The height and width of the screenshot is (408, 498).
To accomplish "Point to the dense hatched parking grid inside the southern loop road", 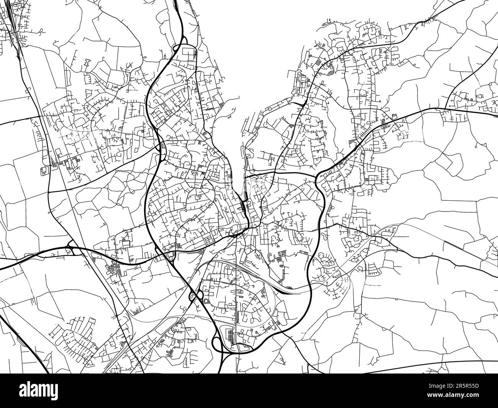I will [230, 336].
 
